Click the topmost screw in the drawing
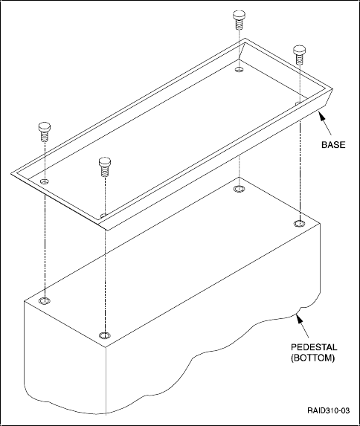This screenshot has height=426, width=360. (239, 20)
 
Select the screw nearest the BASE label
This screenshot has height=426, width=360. (299, 55)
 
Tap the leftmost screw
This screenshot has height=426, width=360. (45, 132)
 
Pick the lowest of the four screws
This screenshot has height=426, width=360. (104, 167)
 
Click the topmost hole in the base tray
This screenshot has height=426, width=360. (239, 69)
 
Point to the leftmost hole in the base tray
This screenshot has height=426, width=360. (44, 181)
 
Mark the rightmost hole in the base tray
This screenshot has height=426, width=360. (298, 103)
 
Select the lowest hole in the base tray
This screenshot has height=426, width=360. (103, 216)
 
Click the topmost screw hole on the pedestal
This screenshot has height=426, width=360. (239, 189)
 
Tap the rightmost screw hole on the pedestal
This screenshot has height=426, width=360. (299, 224)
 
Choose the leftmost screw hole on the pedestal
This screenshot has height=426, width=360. (45, 301)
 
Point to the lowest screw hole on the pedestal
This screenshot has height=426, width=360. (105, 335)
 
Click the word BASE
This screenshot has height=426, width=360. (333, 145)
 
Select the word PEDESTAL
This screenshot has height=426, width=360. (314, 347)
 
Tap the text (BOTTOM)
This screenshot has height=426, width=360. (312, 358)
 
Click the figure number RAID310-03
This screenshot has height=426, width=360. (329, 410)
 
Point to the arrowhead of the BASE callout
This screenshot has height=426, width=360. (321, 116)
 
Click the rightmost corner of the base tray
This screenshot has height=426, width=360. (332, 89)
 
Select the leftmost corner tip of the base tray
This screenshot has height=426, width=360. (11, 173)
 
